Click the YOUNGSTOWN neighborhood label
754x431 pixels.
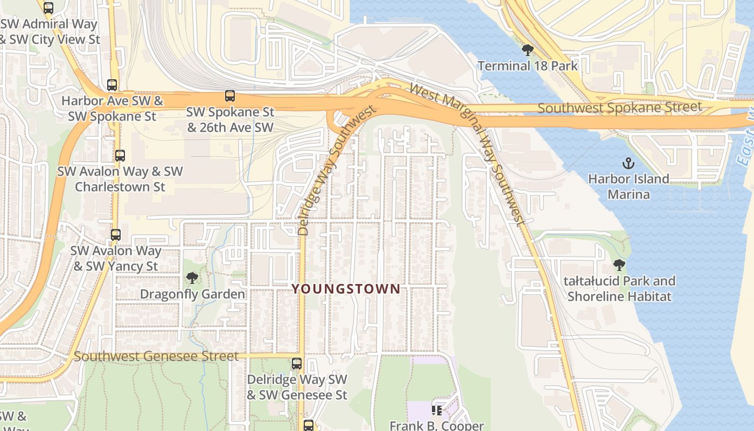[346, 289]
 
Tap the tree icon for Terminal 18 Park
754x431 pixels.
[528, 50]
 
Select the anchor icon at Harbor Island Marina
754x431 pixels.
[628, 163]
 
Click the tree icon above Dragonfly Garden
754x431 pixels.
[192, 278]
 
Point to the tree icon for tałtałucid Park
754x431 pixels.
[619, 265]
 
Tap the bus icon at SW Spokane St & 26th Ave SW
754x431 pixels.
[230, 96]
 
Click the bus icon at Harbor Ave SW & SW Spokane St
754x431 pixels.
[112, 85]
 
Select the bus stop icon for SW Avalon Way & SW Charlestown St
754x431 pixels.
[120, 156]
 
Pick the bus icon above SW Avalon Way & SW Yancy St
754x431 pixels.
[116, 235]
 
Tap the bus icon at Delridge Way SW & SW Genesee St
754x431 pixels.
[297, 363]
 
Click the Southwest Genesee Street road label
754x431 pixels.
[156, 356]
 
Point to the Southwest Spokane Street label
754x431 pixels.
[620, 107]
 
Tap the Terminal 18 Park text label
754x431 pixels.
[528, 66]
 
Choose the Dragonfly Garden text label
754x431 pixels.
[192, 294]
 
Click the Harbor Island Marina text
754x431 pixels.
[629, 186]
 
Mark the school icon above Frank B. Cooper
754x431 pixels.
[437, 411]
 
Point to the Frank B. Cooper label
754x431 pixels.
[437, 425]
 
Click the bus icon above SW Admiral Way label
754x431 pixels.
[48, 8]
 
